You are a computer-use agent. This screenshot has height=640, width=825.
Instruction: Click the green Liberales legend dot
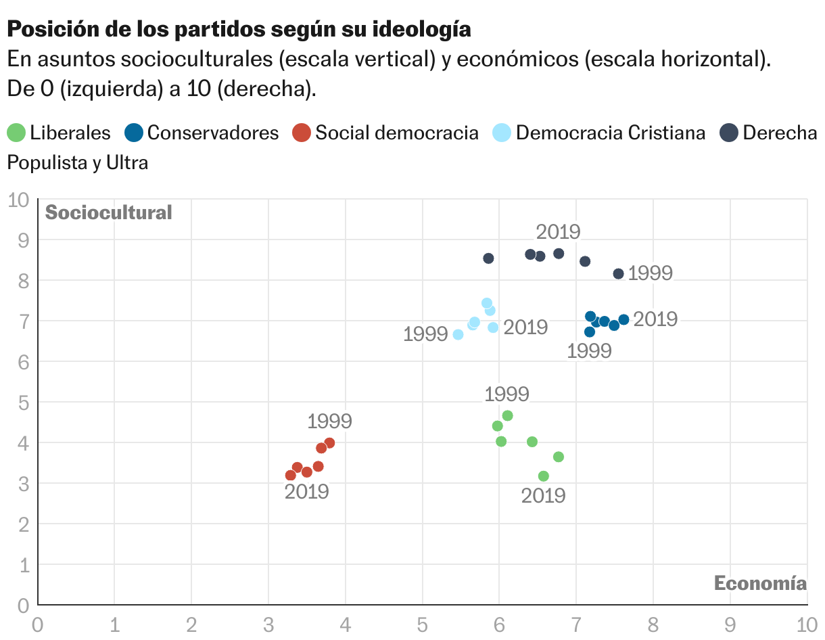[16, 133]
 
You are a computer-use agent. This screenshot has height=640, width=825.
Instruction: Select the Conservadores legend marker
[134, 133]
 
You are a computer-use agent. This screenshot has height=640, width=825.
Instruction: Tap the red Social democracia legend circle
[302, 133]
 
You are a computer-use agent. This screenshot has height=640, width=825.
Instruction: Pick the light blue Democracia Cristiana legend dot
[502, 133]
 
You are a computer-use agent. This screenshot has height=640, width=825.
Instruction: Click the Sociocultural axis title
[109, 212]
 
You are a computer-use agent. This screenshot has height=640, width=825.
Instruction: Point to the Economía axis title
[760, 583]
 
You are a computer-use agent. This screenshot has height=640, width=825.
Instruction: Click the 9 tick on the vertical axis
[24, 240]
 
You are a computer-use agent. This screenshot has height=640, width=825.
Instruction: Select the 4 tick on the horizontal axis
[345, 625]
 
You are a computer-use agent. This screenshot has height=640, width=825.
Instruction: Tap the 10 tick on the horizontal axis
[807, 625]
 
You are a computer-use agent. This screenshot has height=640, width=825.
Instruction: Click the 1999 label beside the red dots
[329, 421]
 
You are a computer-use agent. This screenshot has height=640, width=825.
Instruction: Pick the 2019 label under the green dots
[543, 496]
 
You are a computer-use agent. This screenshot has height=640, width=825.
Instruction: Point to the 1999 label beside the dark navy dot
[651, 273]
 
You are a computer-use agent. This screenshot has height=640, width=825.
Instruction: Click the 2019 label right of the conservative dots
[655, 319]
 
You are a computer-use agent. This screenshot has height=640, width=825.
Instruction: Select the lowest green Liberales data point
[543, 476]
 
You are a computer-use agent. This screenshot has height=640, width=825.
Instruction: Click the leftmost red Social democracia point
[290, 475]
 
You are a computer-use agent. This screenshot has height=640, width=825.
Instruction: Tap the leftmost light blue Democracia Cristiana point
[458, 335]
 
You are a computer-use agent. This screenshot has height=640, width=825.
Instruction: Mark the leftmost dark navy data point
[489, 258]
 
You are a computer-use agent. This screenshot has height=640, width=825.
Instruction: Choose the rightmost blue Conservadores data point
[623, 320]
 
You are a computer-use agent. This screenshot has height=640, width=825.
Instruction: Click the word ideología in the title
[422, 29]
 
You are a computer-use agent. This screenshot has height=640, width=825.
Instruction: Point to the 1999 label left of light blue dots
[425, 334]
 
